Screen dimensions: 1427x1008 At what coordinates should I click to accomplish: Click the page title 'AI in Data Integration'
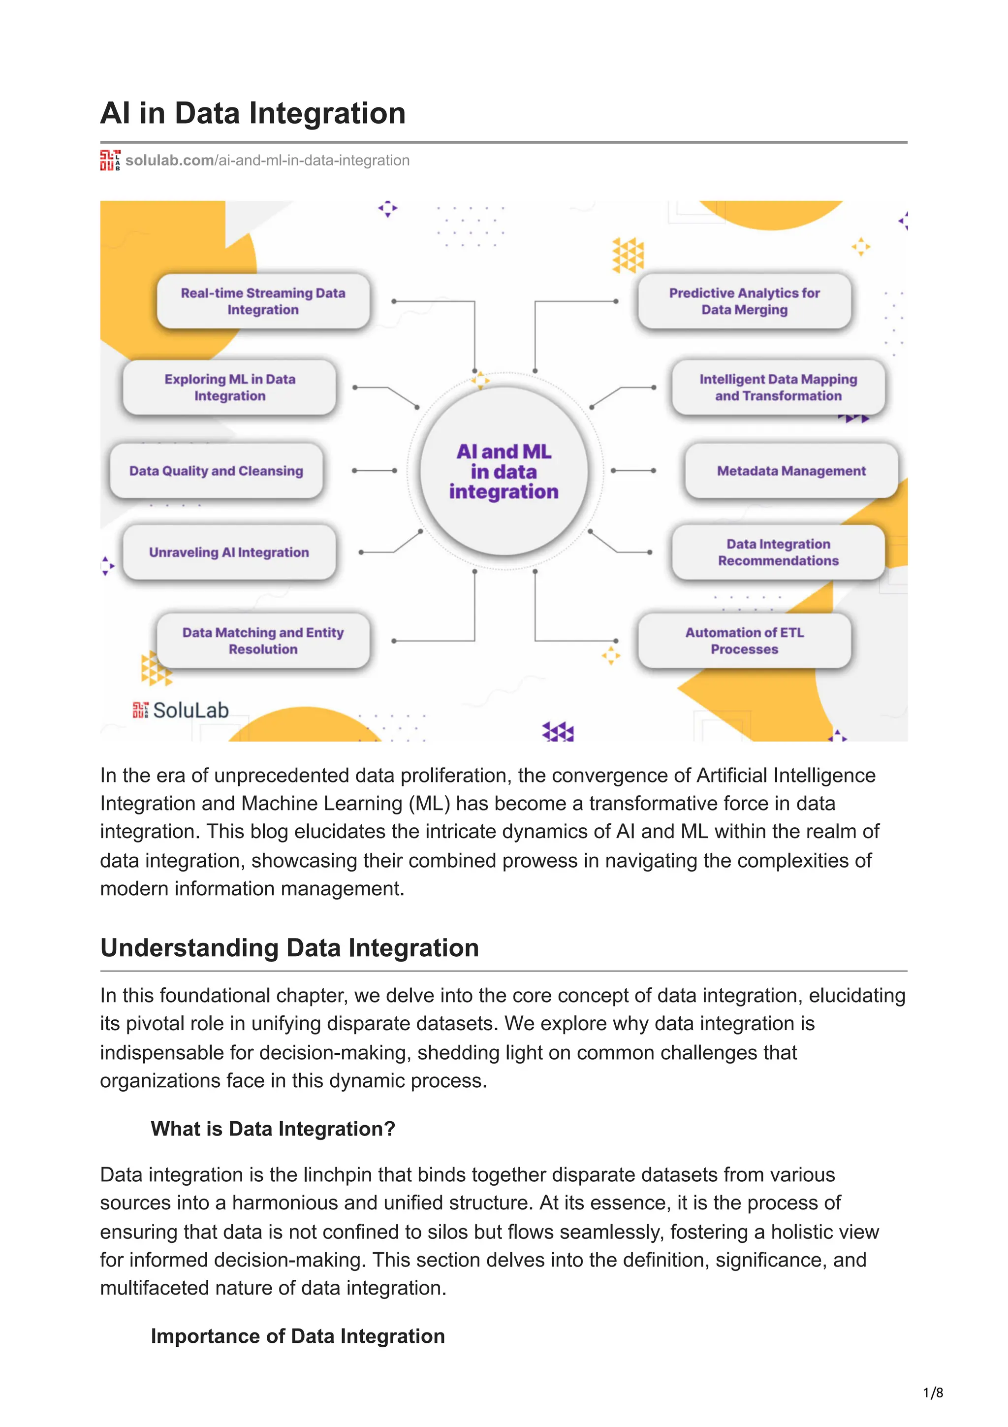253,114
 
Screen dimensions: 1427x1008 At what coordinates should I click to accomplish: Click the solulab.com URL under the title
267,161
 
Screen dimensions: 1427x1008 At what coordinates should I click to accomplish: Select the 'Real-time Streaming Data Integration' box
263,301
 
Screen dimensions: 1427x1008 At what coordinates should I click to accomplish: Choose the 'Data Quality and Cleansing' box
216,471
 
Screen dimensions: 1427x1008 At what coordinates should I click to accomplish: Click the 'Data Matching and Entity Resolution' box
263,641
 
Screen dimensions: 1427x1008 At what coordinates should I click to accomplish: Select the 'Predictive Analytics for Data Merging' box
744,301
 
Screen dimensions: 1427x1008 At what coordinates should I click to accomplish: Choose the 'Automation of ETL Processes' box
744,641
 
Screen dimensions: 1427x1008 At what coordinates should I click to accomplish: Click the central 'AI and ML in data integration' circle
504,471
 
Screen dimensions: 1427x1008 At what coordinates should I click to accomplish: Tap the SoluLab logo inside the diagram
181,711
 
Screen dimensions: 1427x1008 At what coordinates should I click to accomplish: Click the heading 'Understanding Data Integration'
289,948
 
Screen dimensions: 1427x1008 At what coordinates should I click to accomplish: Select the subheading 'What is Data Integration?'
273,1129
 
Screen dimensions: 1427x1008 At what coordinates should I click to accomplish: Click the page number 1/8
933,1393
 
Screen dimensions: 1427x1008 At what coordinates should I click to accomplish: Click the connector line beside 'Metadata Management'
633,471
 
